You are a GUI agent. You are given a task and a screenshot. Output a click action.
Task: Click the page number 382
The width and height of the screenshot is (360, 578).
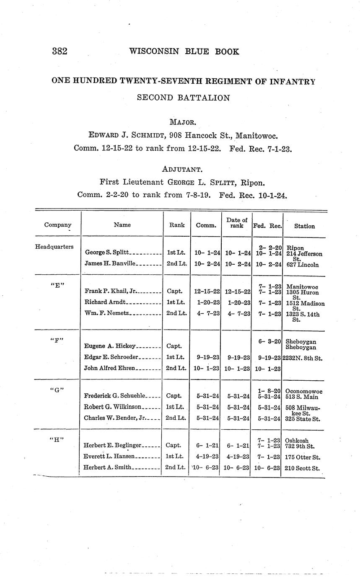click(x=60, y=52)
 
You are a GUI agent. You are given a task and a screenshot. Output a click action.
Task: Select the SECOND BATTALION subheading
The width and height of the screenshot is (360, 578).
click(x=183, y=98)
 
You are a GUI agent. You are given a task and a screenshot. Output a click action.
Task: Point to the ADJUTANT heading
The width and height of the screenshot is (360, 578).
click(x=183, y=170)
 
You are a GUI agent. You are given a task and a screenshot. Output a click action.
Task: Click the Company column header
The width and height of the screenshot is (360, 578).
click(x=58, y=225)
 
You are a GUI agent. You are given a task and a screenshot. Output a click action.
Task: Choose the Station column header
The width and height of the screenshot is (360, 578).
click(x=304, y=226)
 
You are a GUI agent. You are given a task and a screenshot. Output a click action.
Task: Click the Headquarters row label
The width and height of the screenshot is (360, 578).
click(x=54, y=247)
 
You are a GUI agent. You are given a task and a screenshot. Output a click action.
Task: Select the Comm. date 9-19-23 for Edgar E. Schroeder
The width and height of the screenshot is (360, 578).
click(x=206, y=358)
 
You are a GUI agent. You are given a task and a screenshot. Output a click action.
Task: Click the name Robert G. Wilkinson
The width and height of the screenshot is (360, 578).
click(x=113, y=407)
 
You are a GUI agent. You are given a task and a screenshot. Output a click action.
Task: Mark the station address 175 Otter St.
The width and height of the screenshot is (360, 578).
click(x=302, y=457)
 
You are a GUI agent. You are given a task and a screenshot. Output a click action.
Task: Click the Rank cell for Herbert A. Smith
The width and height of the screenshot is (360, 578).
click(x=176, y=467)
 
